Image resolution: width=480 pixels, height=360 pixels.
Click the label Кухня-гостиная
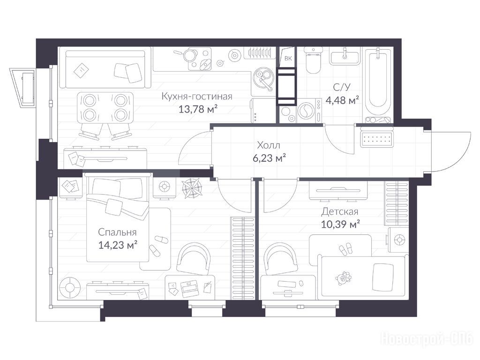tap(197, 97)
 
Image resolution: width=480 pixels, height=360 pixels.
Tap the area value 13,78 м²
tap(198, 109)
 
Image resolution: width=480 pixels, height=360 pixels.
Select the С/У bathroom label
tap(342, 88)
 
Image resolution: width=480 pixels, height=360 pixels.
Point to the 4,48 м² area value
tap(342, 100)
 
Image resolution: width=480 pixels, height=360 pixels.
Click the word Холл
tap(269, 145)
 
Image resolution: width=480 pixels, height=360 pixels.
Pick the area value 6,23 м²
tap(270, 158)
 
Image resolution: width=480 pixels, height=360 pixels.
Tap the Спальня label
tap(117, 232)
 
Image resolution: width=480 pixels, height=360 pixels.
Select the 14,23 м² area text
tap(118, 245)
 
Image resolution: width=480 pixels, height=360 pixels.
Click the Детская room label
tap(340, 211)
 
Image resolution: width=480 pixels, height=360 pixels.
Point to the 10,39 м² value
tap(340, 225)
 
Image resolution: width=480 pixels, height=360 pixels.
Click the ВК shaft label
tap(288, 58)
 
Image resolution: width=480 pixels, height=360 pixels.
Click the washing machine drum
tap(305, 111)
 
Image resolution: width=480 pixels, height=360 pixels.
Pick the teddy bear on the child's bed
tap(343, 278)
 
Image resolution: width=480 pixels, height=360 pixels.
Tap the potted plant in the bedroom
tap(192, 187)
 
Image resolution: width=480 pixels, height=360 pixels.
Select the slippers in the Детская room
tap(346, 249)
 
